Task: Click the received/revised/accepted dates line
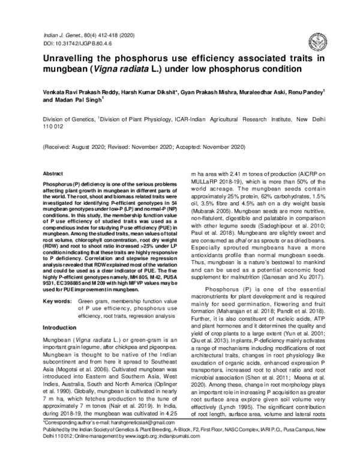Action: pos(144,147)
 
